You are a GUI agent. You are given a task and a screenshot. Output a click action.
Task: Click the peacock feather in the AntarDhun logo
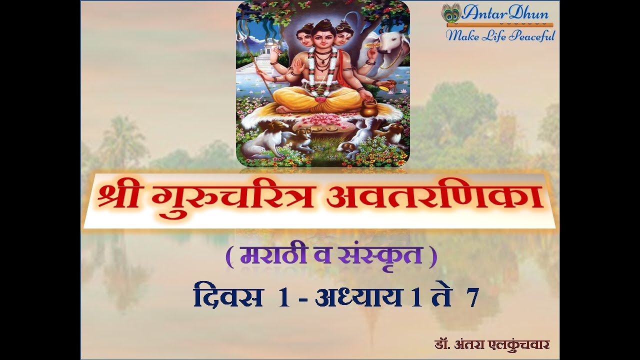[450, 13]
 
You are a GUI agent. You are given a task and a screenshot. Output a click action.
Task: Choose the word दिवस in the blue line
[228, 298]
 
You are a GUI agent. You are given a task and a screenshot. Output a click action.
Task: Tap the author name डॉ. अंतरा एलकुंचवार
[492, 345]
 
